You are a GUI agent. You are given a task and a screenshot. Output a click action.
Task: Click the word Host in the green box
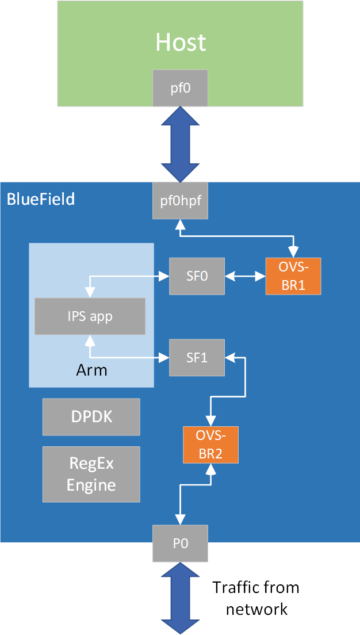(x=181, y=43)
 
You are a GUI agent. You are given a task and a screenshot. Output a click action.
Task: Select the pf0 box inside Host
(x=181, y=88)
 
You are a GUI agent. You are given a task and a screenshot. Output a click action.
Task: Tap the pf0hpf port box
(x=181, y=201)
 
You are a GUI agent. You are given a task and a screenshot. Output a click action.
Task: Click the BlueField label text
(x=41, y=200)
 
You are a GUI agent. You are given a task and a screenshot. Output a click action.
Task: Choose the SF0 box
(x=197, y=276)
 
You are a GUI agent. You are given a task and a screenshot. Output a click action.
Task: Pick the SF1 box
(x=197, y=358)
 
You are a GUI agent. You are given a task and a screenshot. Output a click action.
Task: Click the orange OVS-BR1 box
(x=293, y=276)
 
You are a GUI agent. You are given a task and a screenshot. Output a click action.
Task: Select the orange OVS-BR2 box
(x=210, y=445)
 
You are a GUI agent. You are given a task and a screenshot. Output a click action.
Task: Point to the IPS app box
(x=90, y=316)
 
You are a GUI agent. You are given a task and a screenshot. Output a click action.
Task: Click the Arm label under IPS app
(x=91, y=370)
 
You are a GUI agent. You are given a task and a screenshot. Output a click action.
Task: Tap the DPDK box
(x=91, y=417)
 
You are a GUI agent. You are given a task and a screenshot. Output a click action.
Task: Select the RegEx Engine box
(x=91, y=474)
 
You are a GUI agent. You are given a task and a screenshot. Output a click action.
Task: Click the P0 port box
(x=181, y=544)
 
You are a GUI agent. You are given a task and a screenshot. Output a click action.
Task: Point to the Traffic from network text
(x=256, y=598)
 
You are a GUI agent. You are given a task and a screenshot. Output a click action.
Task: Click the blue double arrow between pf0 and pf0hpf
(x=181, y=144)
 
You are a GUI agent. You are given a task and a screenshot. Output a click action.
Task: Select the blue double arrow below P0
(x=181, y=598)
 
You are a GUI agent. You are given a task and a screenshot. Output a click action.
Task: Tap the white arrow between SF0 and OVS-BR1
(x=245, y=277)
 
